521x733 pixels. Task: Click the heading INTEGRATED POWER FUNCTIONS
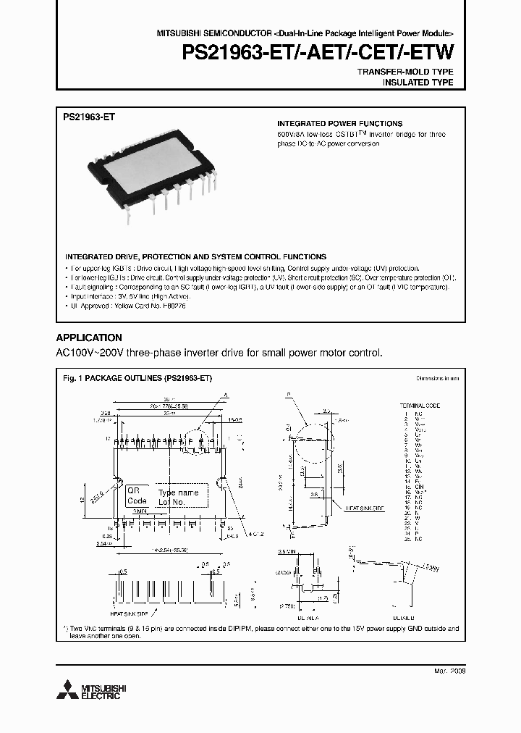pyautogui.click(x=339, y=124)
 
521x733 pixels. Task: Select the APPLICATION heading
pyautogui.click(x=89, y=338)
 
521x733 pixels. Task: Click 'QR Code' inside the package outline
pyautogui.click(x=137, y=495)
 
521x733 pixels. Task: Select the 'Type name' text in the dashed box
pyautogui.click(x=178, y=493)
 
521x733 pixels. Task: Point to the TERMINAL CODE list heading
pyautogui.click(x=420, y=406)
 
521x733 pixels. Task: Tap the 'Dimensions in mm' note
pyautogui.click(x=437, y=378)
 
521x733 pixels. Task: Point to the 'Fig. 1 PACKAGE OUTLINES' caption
pyautogui.click(x=137, y=378)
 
